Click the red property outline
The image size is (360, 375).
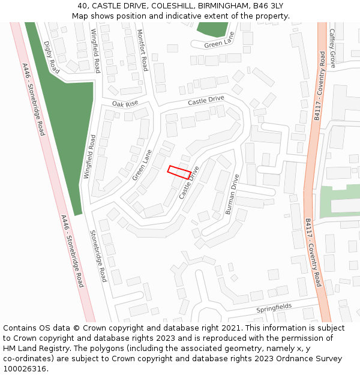(x=179, y=172)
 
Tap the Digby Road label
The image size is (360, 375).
(x=52, y=58)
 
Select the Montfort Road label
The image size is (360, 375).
(x=142, y=50)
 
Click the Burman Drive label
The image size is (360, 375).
(x=232, y=194)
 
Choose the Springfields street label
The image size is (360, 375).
(x=274, y=308)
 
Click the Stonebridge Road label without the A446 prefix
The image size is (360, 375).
(x=98, y=256)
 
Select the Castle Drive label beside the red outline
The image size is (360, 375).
(x=188, y=183)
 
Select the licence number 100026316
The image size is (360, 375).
(x=25, y=369)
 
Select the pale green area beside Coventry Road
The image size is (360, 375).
(x=339, y=201)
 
